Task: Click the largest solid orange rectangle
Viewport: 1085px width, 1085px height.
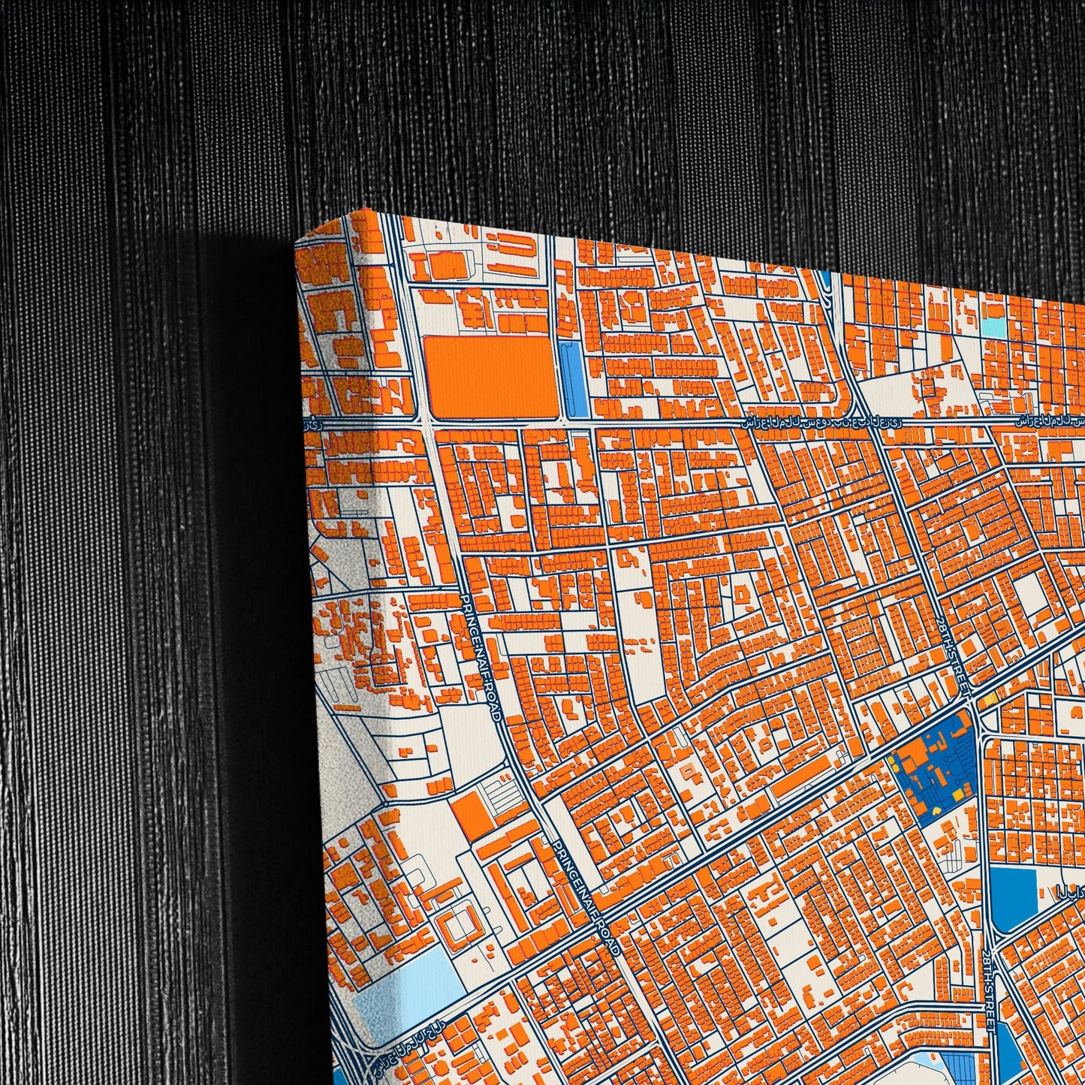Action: (492, 377)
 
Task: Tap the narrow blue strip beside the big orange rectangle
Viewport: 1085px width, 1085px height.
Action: (576, 379)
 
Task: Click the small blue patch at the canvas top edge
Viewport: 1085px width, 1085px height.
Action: (826, 279)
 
